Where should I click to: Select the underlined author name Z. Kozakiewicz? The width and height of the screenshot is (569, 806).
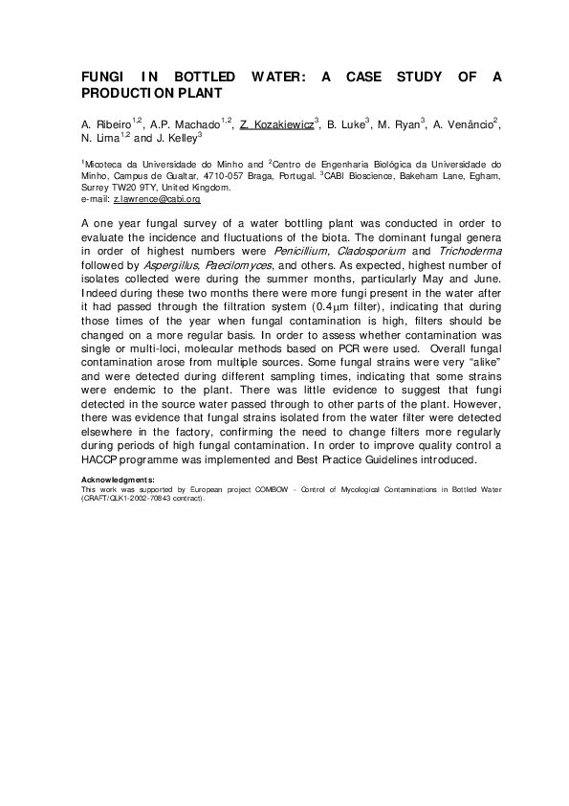pos(277,124)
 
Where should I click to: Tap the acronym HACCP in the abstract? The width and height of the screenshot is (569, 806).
pos(102,459)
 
